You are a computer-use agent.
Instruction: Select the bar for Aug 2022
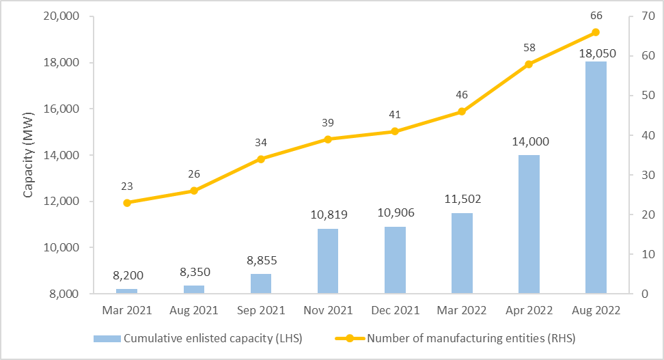coord(595,178)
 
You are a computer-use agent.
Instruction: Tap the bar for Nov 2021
coord(328,261)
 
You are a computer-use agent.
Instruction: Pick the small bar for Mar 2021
coord(127,291)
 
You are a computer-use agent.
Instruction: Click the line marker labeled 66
coord(595,32)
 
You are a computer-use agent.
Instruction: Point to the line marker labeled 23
coord(127,203)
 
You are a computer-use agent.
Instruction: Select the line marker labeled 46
coord(462,111)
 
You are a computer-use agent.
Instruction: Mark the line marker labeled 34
coord(261,159)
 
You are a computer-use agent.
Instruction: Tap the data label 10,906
coord(395,214)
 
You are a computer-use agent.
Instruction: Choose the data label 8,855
coord(261,261)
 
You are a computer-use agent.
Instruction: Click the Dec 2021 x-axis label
coord(395,310)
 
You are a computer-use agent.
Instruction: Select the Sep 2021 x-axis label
coord(261,310)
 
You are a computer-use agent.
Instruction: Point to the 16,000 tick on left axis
coord(60,109)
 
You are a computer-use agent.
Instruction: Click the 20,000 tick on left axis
coord(60,16)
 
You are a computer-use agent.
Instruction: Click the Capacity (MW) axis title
coord(28,155)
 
